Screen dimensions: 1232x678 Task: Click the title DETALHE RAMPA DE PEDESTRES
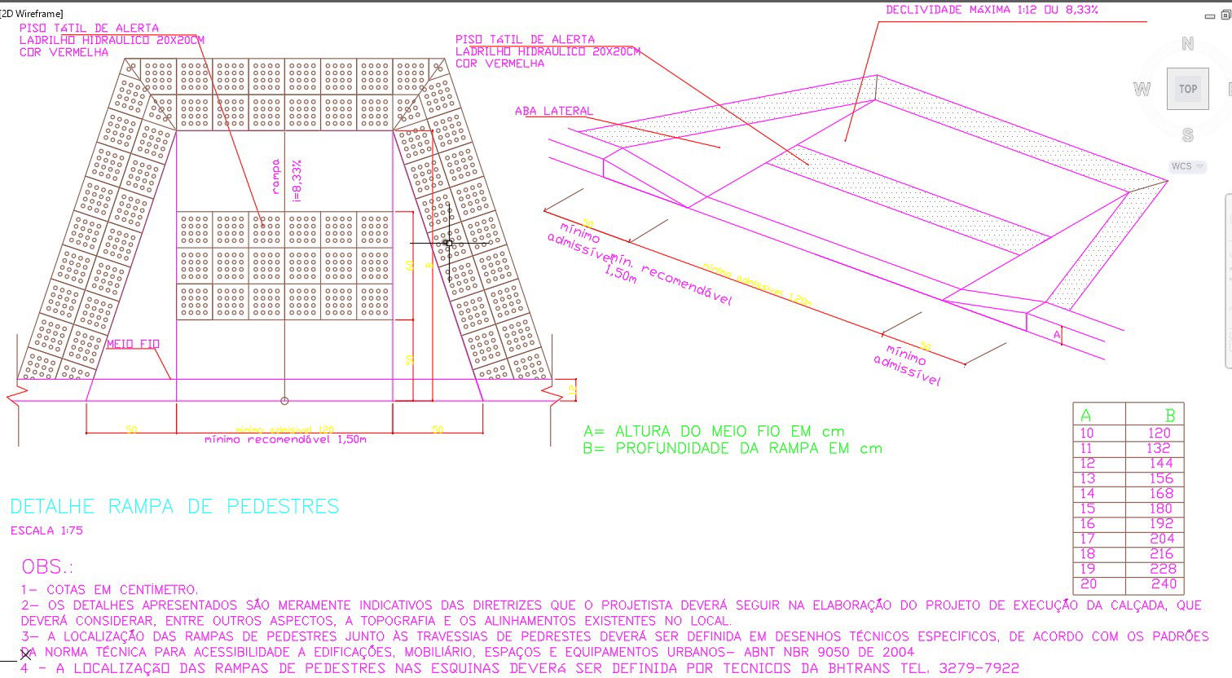tap(174, 507)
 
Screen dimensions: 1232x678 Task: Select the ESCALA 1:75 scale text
tap(46, 531)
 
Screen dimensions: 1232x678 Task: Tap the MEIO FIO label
tap(133, 344)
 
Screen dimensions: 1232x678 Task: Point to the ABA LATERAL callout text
tap(554, 111)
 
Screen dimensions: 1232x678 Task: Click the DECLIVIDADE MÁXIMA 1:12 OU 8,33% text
tap(992, 10)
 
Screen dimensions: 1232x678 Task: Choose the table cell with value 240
tap(1164, 584)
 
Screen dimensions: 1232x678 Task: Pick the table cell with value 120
tap(1159, 433)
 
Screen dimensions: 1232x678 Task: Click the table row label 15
tap(1087, 508)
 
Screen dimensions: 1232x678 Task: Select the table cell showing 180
tap(1161, 508)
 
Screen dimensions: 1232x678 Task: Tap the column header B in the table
tap(1170, 416)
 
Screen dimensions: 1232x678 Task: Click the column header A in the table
tap(1085, 416)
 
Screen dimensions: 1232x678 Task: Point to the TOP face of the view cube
tap(1187, 89)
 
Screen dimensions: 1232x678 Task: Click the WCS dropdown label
tap(1181, 166)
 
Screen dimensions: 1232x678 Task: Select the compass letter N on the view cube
tap(1187, 44)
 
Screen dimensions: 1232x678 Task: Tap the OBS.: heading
tap(47, 566)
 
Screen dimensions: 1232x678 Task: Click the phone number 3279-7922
tap(979, 668)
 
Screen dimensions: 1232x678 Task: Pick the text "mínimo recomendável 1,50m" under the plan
tap(285, 439)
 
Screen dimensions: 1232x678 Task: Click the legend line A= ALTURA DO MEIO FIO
tap(714, 431)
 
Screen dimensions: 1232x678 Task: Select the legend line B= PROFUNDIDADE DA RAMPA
tap(733, 448)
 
